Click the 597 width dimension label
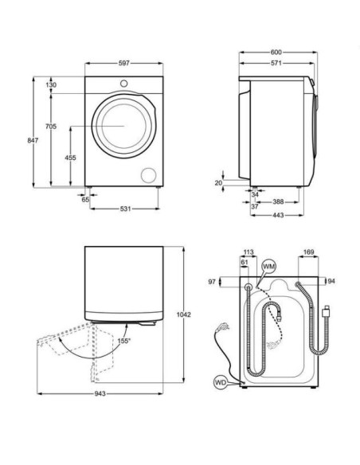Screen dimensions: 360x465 point(124,63)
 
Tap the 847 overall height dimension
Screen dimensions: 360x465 point(33,140)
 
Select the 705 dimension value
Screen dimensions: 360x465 point(51,127)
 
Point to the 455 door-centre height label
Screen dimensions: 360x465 point(70,158)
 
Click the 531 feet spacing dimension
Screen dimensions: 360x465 point(125,209)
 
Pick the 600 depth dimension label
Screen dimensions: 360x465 point(276,53)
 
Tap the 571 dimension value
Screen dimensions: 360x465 point(276,63)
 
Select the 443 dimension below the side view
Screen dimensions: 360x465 point(278,215)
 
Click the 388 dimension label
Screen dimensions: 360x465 point(278,202)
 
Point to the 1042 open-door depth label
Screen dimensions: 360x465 point(183,315)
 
